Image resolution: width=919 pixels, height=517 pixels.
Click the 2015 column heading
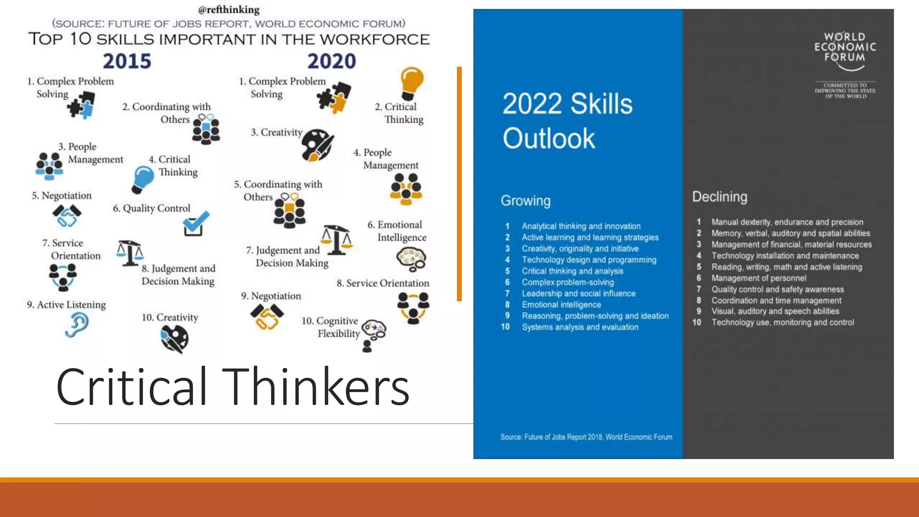click(127, 61)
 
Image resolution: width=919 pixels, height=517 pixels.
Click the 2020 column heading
click(331, 61)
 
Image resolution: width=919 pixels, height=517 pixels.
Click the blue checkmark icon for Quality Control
click(196, 223)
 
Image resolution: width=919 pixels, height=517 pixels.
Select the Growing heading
click(525, 201)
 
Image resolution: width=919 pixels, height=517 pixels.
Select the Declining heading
click(720, 197)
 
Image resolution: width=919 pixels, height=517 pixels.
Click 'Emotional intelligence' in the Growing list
click(561, 305)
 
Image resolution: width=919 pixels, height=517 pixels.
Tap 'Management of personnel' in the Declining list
click(758, 278)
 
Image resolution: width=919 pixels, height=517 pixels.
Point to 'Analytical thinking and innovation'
click(581, 226)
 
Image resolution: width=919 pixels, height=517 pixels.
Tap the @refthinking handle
click(229, 9)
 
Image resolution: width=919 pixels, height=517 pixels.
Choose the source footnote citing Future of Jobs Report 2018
click(586, 437)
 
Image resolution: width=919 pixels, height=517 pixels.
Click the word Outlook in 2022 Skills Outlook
click(548, 138)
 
